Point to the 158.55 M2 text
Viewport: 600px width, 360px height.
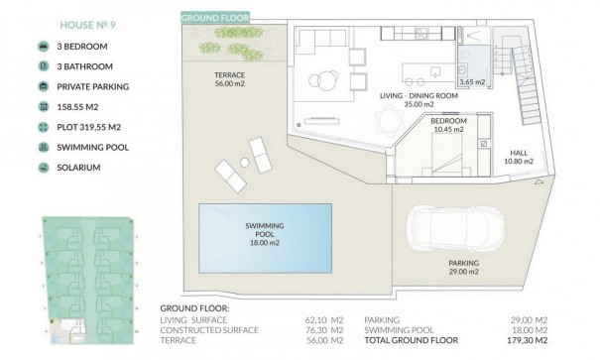(77, 106)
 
